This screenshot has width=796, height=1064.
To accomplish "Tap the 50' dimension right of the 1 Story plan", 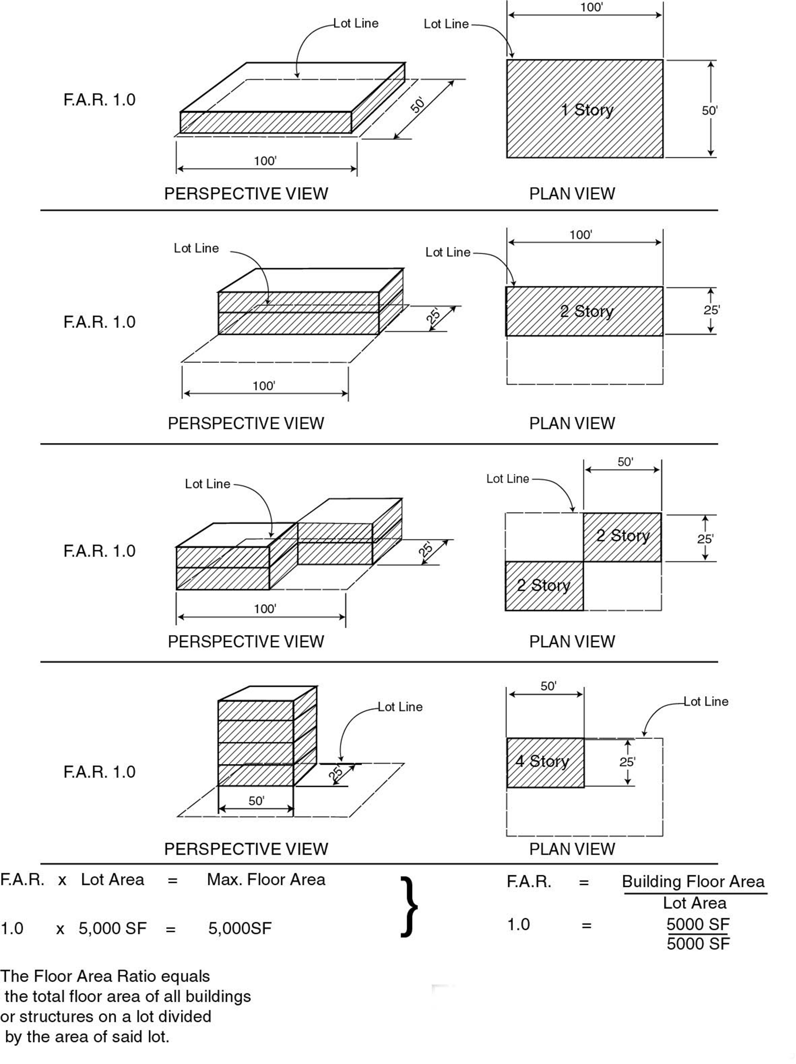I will (709, 111).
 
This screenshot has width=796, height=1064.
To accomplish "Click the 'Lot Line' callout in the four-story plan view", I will (706, 702).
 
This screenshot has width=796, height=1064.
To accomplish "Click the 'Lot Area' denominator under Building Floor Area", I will (694, 903).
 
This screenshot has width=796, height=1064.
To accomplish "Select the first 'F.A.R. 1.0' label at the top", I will (100, 100).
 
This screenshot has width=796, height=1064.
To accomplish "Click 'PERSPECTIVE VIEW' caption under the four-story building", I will (246, 849).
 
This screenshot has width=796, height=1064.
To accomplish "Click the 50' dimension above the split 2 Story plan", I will (625, 462).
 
